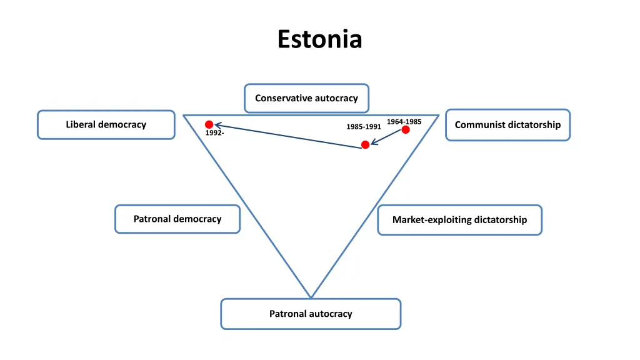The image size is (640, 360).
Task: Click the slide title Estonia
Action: click(320, 39)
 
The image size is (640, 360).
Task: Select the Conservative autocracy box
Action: click(306, 98)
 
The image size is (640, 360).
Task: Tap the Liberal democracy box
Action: click(106, 124)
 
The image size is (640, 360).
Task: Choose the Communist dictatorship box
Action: click(507, 125)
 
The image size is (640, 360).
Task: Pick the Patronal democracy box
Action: click(177, 219)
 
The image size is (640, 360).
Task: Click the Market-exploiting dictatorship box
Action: click(459, 220)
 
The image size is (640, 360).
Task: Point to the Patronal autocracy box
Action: click(311, 314)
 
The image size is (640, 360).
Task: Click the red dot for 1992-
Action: click(209, 124)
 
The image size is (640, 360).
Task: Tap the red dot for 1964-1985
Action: click(406, 129)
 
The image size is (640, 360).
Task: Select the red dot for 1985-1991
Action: click(366, 145)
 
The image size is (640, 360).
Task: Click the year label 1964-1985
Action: click(404, 121)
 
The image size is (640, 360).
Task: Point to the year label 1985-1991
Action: click(364, 127)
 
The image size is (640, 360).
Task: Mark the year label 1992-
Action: click(214, 132)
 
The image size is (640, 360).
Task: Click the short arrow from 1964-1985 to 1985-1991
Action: click(387, 137)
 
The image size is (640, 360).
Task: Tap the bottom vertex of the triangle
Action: click(311, 297)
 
